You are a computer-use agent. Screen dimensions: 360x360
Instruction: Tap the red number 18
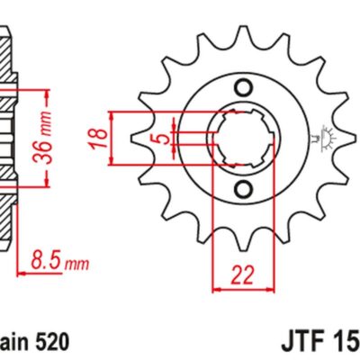point(102,137)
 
